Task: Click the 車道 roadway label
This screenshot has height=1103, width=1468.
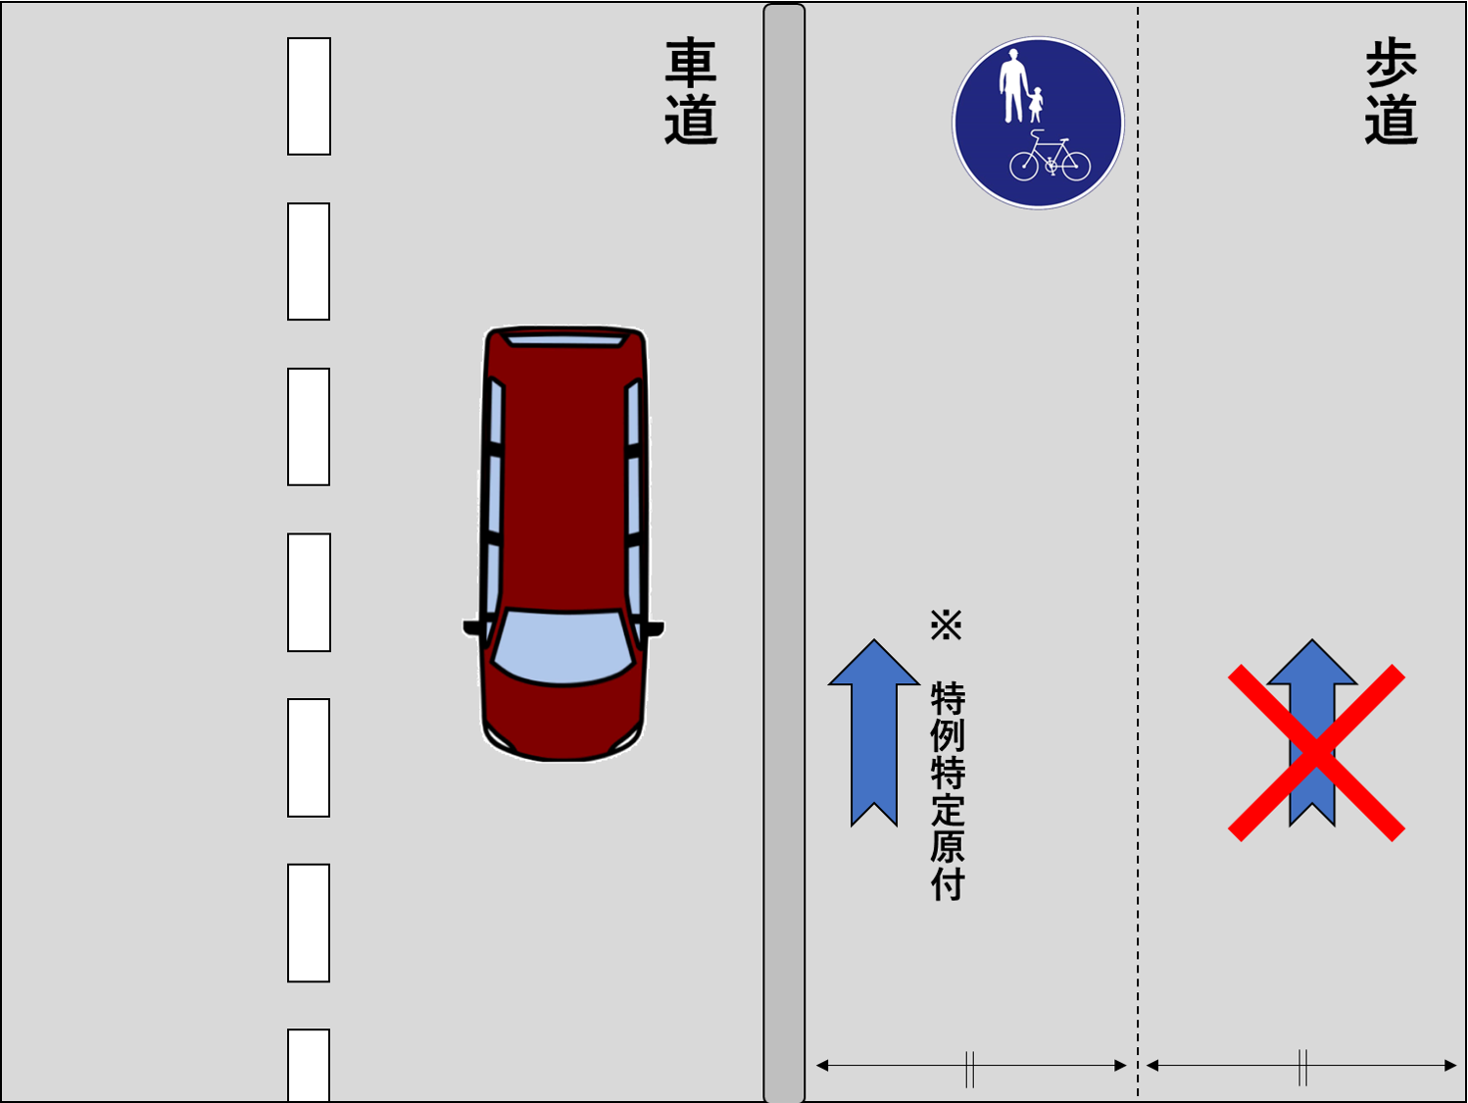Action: (690, 91)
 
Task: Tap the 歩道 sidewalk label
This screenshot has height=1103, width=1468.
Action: (1392, 91)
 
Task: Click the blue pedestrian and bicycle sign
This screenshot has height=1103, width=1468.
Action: (1038, 123)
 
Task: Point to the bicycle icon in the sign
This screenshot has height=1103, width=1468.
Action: (1050, 157)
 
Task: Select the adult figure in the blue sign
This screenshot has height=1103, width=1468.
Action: (1014, 85)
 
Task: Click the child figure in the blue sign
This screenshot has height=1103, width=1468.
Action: (1036, 104)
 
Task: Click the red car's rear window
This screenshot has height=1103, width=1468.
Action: (565, 341)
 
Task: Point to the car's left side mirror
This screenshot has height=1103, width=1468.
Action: (472, 627)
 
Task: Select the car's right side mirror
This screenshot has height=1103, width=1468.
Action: (655, 628)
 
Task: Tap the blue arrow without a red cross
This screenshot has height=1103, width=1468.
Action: (874, 732)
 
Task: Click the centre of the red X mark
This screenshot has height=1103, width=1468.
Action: (1316, 753)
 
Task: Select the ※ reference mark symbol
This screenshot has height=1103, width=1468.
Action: (947, 625)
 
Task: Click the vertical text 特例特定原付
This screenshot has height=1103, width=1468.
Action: (948, 791)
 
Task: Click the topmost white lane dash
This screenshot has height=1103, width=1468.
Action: (309, 96)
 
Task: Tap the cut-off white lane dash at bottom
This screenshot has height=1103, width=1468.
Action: (309, 1066)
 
